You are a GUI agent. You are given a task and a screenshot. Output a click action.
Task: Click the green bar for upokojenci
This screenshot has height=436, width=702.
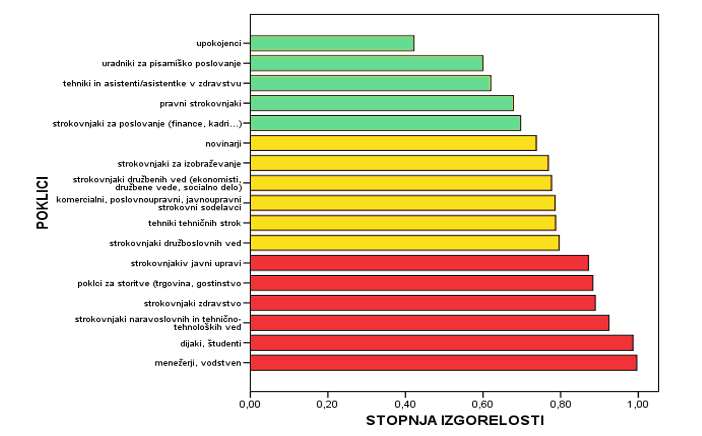coord(332,43)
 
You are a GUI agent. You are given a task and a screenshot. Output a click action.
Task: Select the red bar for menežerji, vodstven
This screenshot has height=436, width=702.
coord(443,363)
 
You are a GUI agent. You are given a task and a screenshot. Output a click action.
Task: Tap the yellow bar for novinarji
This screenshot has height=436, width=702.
coord(393,143)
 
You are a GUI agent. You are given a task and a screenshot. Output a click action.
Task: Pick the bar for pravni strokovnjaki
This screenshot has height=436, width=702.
coord(381,103)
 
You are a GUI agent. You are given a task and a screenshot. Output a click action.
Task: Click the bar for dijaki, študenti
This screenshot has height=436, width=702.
coord(441,343)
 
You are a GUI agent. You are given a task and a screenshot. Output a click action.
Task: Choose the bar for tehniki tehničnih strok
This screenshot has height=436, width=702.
coord(403,223)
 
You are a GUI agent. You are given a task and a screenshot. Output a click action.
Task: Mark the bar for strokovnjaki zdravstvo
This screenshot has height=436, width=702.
coord(423,303)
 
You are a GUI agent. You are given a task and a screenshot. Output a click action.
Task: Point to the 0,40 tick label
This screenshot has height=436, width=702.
coord(405,404)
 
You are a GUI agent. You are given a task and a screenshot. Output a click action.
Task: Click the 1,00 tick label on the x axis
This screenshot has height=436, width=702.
coord(638,404)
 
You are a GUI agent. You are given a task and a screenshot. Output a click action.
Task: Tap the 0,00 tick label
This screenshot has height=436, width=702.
coord(250,404)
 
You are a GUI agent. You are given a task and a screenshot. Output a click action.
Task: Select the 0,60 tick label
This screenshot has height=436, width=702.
coord(483,404)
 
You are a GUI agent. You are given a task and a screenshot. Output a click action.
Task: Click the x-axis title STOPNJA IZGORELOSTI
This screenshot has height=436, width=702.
coord(455,420)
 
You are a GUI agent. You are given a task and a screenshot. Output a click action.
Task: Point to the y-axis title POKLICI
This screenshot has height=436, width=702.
coord(43,203)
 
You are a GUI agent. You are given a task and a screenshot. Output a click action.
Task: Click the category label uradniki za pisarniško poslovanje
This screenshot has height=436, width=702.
coord(171,63)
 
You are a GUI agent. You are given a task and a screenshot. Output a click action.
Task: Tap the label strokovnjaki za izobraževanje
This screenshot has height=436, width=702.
coord(179,164)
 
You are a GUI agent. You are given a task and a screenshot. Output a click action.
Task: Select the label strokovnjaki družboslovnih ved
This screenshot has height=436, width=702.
coord(175,243)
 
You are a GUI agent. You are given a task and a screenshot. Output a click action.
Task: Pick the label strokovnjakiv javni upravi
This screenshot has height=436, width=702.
coord(186,264)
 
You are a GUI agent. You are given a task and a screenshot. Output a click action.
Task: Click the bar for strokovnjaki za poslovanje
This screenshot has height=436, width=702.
coord(385,123)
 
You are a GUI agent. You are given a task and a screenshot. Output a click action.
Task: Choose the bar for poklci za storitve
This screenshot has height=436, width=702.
coord(421,283)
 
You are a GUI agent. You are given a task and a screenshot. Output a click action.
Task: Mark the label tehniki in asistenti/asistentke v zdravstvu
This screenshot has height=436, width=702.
coord(152,84)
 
